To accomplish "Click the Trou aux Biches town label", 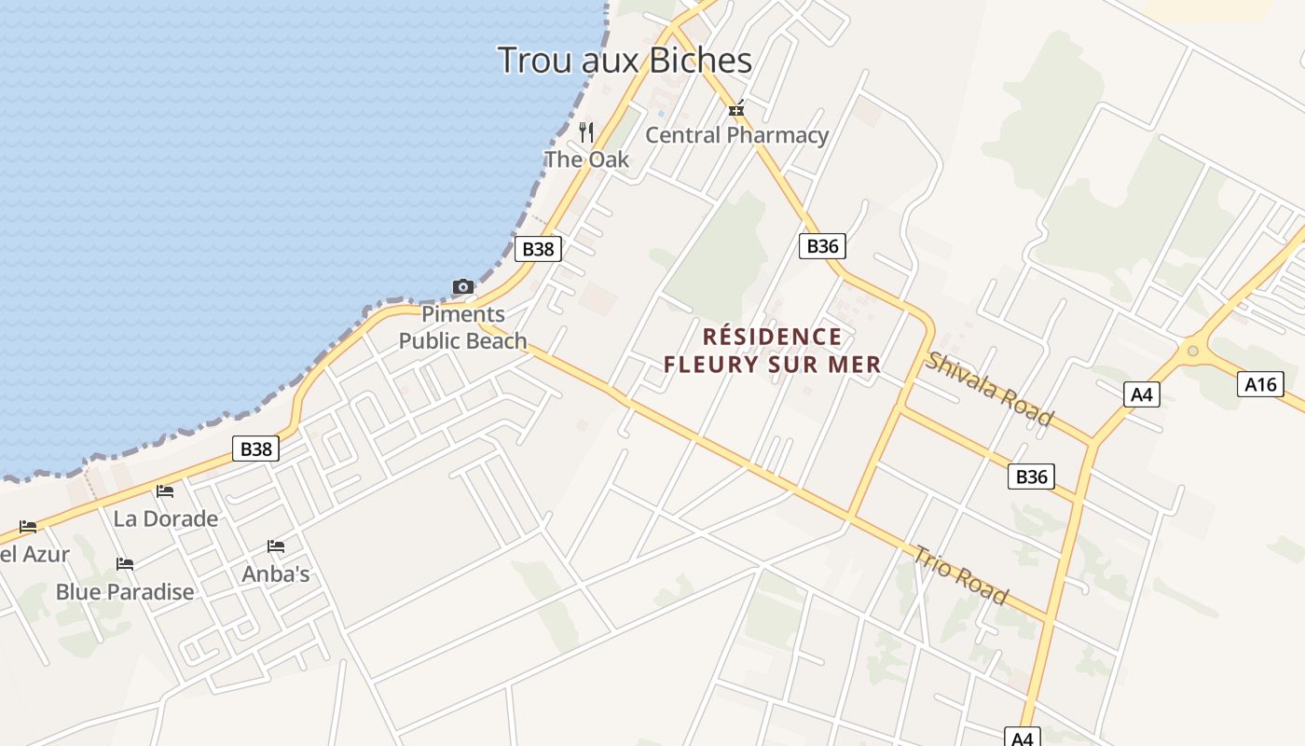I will [x=625, y=61].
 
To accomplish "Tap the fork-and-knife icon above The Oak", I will [x=586, y=132].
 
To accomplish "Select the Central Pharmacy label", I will [x=736, y=135].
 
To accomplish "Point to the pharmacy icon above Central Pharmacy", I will [x=736, y=110].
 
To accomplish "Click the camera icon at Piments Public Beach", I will [x=462, y=286].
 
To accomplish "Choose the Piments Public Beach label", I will [x=463, y=327].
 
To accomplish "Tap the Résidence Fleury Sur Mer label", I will [x=773, y=351].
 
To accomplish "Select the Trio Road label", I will [x=960, y=574].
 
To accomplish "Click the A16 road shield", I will [x=1260, y=383].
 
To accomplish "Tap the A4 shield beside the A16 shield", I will [x=1142, y=394].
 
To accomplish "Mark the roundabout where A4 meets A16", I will [x=1190, y=352].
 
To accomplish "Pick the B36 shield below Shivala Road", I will [x=1031, y=477].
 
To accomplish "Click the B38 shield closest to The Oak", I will [x=538, y=249].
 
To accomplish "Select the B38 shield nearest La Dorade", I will [x=255, y=449].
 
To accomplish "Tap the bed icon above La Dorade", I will [x=165, y=491].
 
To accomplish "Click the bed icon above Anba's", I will [x=275, y=546].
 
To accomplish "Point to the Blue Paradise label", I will [x=125, y=592].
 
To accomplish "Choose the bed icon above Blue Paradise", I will [x=124, y=564].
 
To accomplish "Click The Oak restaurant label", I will [x=586, y=159].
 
